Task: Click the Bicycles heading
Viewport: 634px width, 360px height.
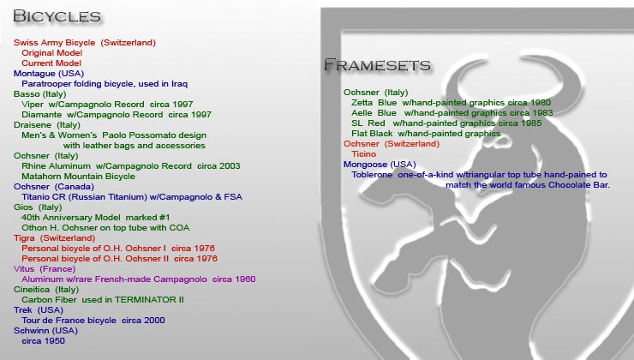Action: click(x=57, y=16)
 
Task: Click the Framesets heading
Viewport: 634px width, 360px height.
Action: click(x=377, y=65)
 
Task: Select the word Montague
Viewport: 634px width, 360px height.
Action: click(x=35, y=74)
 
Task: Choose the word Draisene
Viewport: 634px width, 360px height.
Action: click(x=33, y=125)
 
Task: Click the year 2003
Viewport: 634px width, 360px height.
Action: click(x=230, y=166)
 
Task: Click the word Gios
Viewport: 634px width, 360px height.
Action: click(x=23, y=207)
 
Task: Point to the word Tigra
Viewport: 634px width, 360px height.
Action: click(x=24, y=238)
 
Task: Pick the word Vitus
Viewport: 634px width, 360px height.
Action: click(x=24, y=269)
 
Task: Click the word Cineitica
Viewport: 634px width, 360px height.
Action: click(x=32, y=290)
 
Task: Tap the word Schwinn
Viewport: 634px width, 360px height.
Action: click(x=31, y=331)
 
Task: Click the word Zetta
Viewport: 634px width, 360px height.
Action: click(x=362, y=103)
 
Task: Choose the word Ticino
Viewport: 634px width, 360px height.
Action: click(x=363, y=154)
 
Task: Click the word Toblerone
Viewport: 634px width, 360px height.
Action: click(x=372, y=175)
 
